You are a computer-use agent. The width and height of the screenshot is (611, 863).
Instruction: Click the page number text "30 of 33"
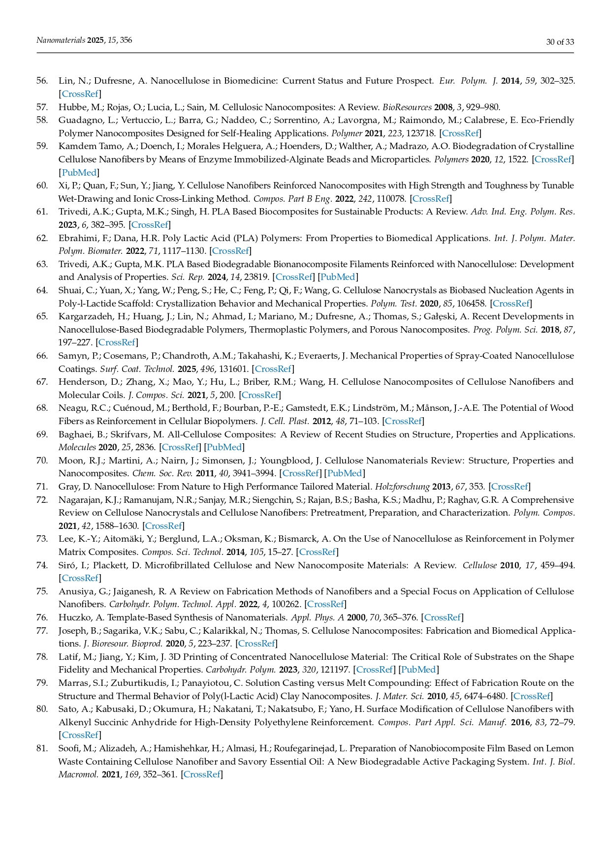click(x=560, y=42)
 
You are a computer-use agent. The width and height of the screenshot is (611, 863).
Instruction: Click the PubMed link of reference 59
click(x=79, y=172)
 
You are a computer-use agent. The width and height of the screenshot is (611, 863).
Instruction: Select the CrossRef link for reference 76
click(x=442, y=617)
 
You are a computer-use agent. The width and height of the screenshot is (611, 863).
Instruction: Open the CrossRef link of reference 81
click(x=202, y=774)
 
